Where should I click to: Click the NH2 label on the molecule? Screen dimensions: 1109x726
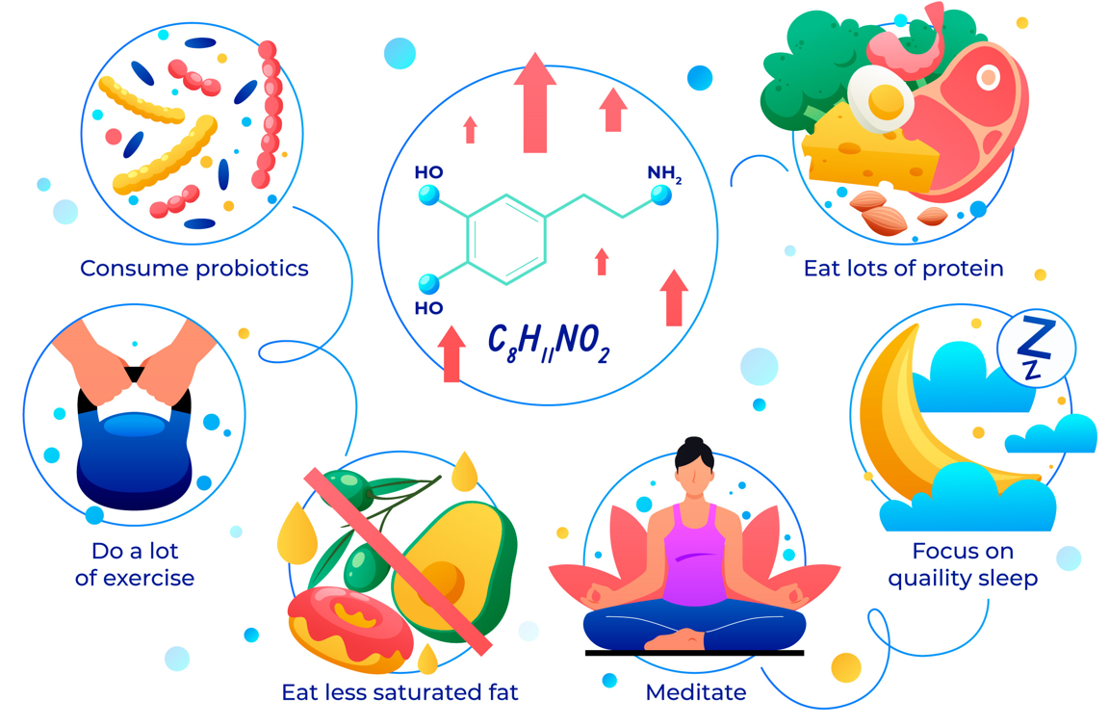pos(664,174)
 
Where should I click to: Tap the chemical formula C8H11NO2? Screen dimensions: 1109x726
pos(549,343)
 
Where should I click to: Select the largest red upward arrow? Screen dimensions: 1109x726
pos(535,101)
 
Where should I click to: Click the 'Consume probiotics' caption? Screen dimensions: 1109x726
pos(194,268)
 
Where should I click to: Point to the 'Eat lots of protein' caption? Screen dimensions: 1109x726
pos(903,268)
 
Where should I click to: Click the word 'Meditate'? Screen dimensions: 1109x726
pos(695,691)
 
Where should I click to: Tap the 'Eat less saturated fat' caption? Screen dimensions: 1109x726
pos(400,691)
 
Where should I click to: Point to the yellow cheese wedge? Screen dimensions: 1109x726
pos(866,149)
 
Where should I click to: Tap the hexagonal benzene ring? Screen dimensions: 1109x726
pos(507,240)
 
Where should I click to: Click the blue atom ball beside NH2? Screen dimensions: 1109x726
pos(661,195)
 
